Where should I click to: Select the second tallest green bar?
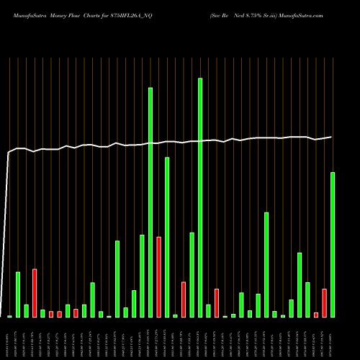click(150, 202)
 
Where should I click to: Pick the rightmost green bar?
click(333, 245)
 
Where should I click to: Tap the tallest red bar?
click(158, 277)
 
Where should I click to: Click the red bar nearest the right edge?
click(324, 303)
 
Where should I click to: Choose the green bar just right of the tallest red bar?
click(167, 238)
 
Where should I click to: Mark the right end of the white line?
click(332, 137)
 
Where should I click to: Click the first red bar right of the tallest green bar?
click(217, 303)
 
